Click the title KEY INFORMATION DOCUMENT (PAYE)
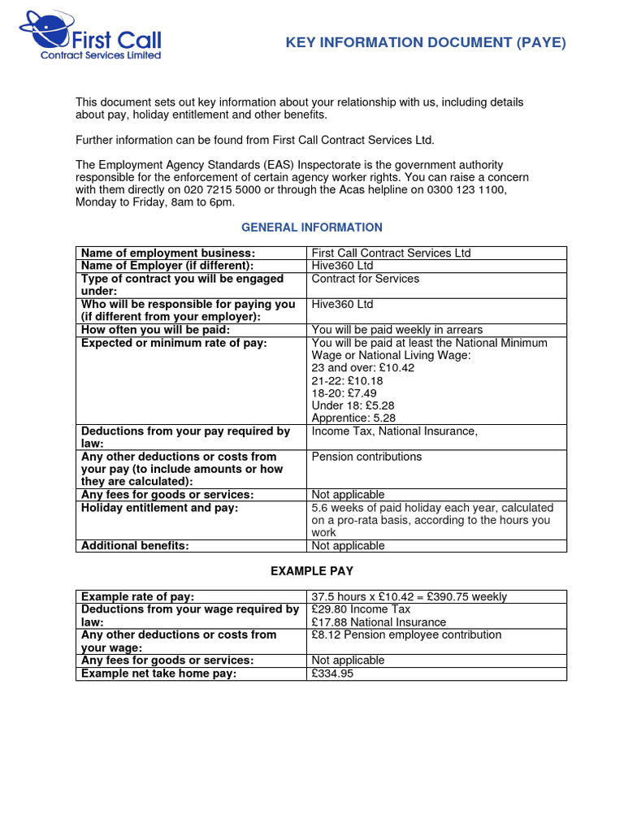tap(425, 43)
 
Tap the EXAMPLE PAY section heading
tap(312, 571)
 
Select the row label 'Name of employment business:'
tap(168, 253)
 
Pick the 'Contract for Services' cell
tap(366, 279)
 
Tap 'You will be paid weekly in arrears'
tap(396, 330)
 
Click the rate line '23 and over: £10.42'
tap(362, 368)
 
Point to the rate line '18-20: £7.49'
tap(344, 393)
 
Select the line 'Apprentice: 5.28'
tap(353, 418)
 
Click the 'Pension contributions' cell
tap(366, 457)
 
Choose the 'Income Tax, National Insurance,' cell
tap(394, 431)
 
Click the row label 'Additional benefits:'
tap(135, 546)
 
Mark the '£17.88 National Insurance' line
tap(379, 622)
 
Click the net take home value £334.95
tap(333, 674)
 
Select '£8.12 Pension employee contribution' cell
tap(406, 635)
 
